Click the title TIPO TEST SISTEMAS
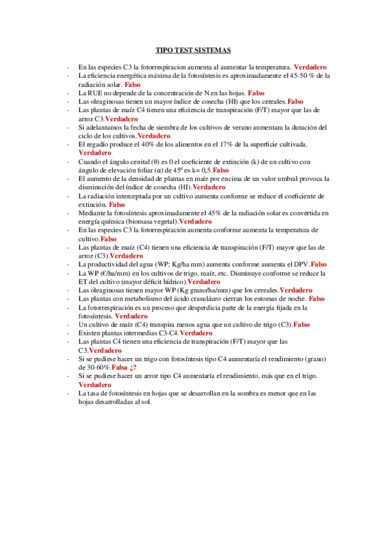193,50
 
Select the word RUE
93,93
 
